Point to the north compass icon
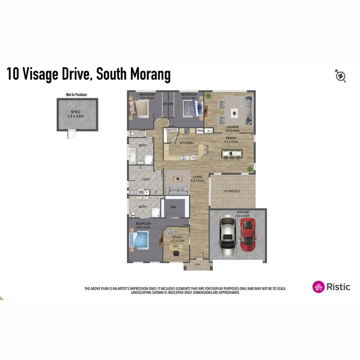(340, 76)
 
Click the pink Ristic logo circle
(318, 286)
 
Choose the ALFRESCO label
(232, 192)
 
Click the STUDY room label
(177, 237)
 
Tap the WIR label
(173, 207)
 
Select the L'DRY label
(146, 180)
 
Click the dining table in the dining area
(232, 153)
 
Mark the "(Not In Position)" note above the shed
(76, 95)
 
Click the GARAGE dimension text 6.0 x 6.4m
(243, 216)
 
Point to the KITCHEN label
(186, 143)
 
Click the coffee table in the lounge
(234, 113)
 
